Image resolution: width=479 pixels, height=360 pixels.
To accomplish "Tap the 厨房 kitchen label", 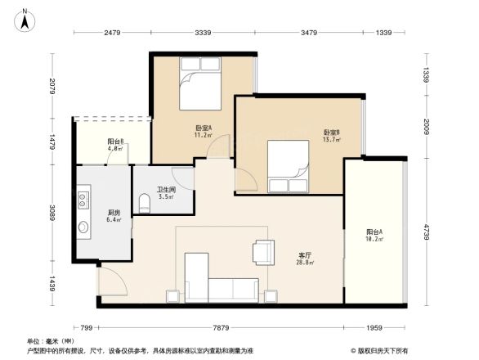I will (x=114, y=215).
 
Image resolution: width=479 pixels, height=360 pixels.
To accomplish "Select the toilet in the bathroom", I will (x=145, y=202).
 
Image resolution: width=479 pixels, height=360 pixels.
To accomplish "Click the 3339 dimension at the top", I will (x=204, y=33).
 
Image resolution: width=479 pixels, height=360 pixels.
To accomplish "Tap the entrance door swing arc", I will (x=113, y=283).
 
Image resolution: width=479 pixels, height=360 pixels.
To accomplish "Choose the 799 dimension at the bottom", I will (x=86, y=328).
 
